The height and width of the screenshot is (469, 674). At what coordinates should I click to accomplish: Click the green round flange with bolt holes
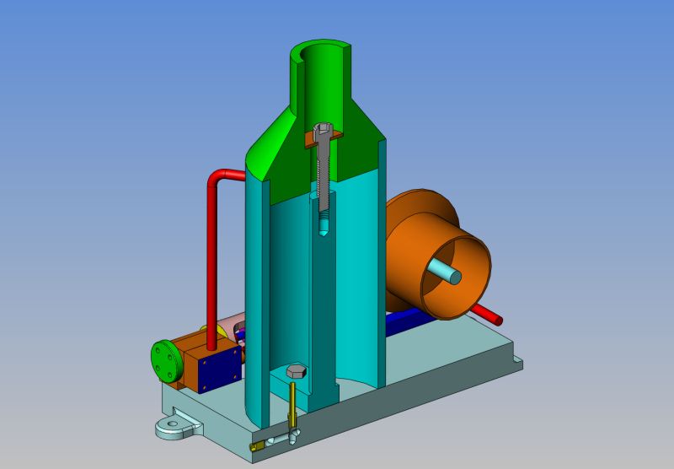164,362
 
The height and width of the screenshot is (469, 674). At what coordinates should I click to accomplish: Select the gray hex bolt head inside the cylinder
295,372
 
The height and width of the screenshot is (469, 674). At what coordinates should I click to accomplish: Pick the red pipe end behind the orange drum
495,319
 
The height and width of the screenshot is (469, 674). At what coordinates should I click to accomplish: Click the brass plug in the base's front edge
256,446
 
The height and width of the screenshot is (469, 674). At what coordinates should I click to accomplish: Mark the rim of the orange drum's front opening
476,253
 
